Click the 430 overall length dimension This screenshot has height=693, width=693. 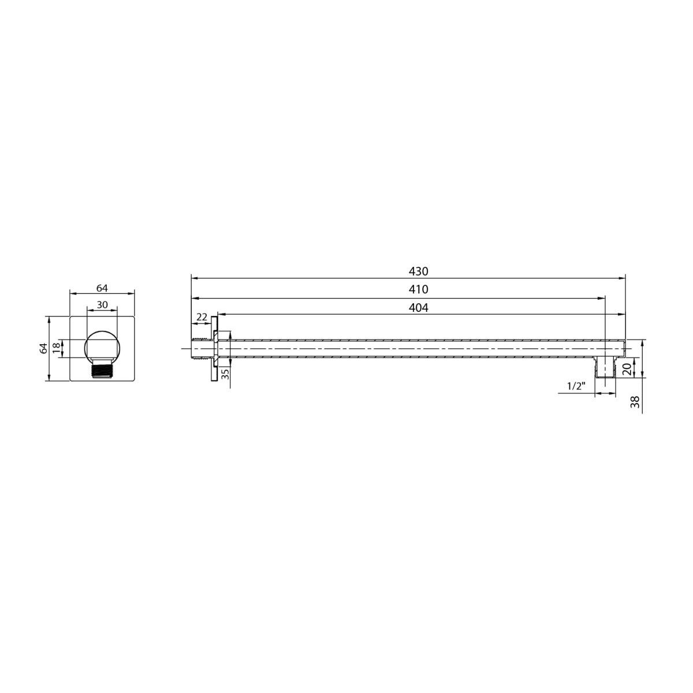click(418, 271)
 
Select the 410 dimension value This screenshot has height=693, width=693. click(418, 289)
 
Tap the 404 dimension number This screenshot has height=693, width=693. click(418, 308)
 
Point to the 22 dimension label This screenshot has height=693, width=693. click(202, 317)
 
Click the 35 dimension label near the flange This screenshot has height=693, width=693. click(225, 374)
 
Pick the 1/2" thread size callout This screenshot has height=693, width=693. click(576, 386)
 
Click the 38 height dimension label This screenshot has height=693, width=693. click(636, 402)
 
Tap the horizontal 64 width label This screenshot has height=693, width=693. click(102, 288)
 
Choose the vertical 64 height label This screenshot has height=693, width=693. click(43, 348)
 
